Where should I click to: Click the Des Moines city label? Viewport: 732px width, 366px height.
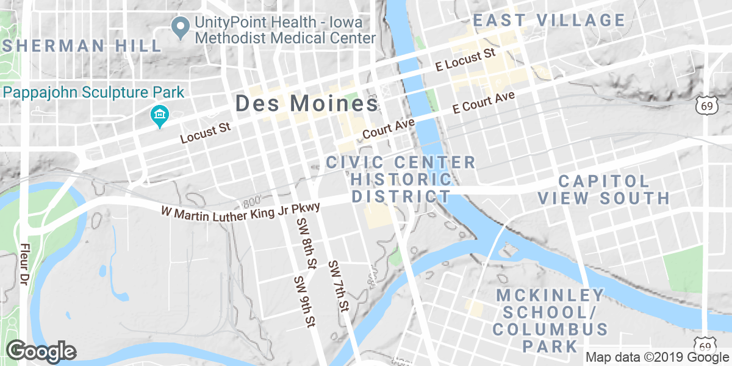click(x=306, y=104)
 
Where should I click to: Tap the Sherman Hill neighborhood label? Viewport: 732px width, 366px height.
click(x=82, y=46)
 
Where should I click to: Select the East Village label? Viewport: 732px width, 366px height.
click(x=550, y=20)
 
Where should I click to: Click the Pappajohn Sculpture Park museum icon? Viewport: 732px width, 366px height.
click(x=159, y=115)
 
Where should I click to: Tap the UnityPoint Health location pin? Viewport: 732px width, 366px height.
click(x=180, y=27)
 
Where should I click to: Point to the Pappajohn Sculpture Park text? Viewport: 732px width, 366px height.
click(x=93, y=93)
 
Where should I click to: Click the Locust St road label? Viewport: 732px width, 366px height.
click(x=205, y=134)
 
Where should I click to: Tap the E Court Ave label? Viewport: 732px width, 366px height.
click(x=484, y=103)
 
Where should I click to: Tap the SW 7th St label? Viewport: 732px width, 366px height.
click(x=338, y=286)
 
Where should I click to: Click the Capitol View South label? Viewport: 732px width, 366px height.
click(x=604, y=189)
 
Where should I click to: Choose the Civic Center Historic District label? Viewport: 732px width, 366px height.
click(x=401, y=179)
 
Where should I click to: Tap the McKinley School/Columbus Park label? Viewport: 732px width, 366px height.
click(x=550, y=321)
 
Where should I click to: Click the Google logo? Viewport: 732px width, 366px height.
click(x=41, y=351)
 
